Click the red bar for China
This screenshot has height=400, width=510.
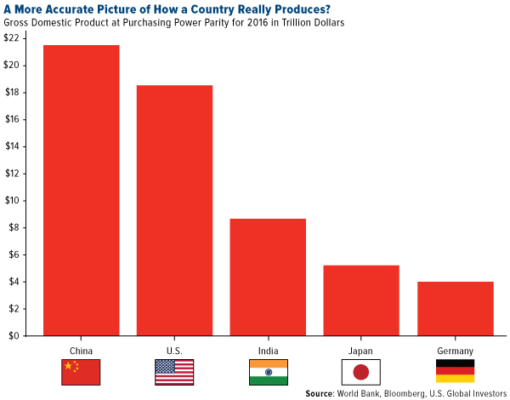(x=81, y=191)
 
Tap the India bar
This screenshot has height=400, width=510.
(x=268, y=277)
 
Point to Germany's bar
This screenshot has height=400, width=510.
(x=455, y=308)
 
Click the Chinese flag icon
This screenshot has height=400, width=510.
(x=81, y=371)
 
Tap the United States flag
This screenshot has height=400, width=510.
(x=174, y=371)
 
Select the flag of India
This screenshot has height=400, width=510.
(x=268, y=371)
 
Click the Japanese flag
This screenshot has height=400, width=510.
(x=361, y=371)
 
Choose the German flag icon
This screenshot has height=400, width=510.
(x=455, y=371)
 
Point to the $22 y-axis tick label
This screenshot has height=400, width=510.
(x=12, y=38)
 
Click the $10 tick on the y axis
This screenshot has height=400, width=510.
(x=12, y=201)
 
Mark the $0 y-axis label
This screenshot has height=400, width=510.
(x=14, y=335)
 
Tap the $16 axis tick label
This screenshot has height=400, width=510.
(x=12, y=119)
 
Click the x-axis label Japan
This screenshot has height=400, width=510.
(x=361, y=350)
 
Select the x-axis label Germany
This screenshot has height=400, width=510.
(x=455, y=350)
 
